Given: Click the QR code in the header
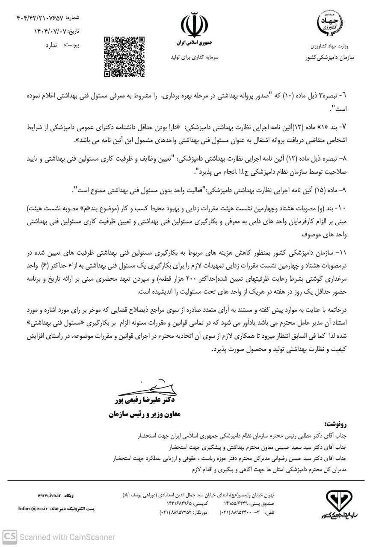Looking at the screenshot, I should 124,56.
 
